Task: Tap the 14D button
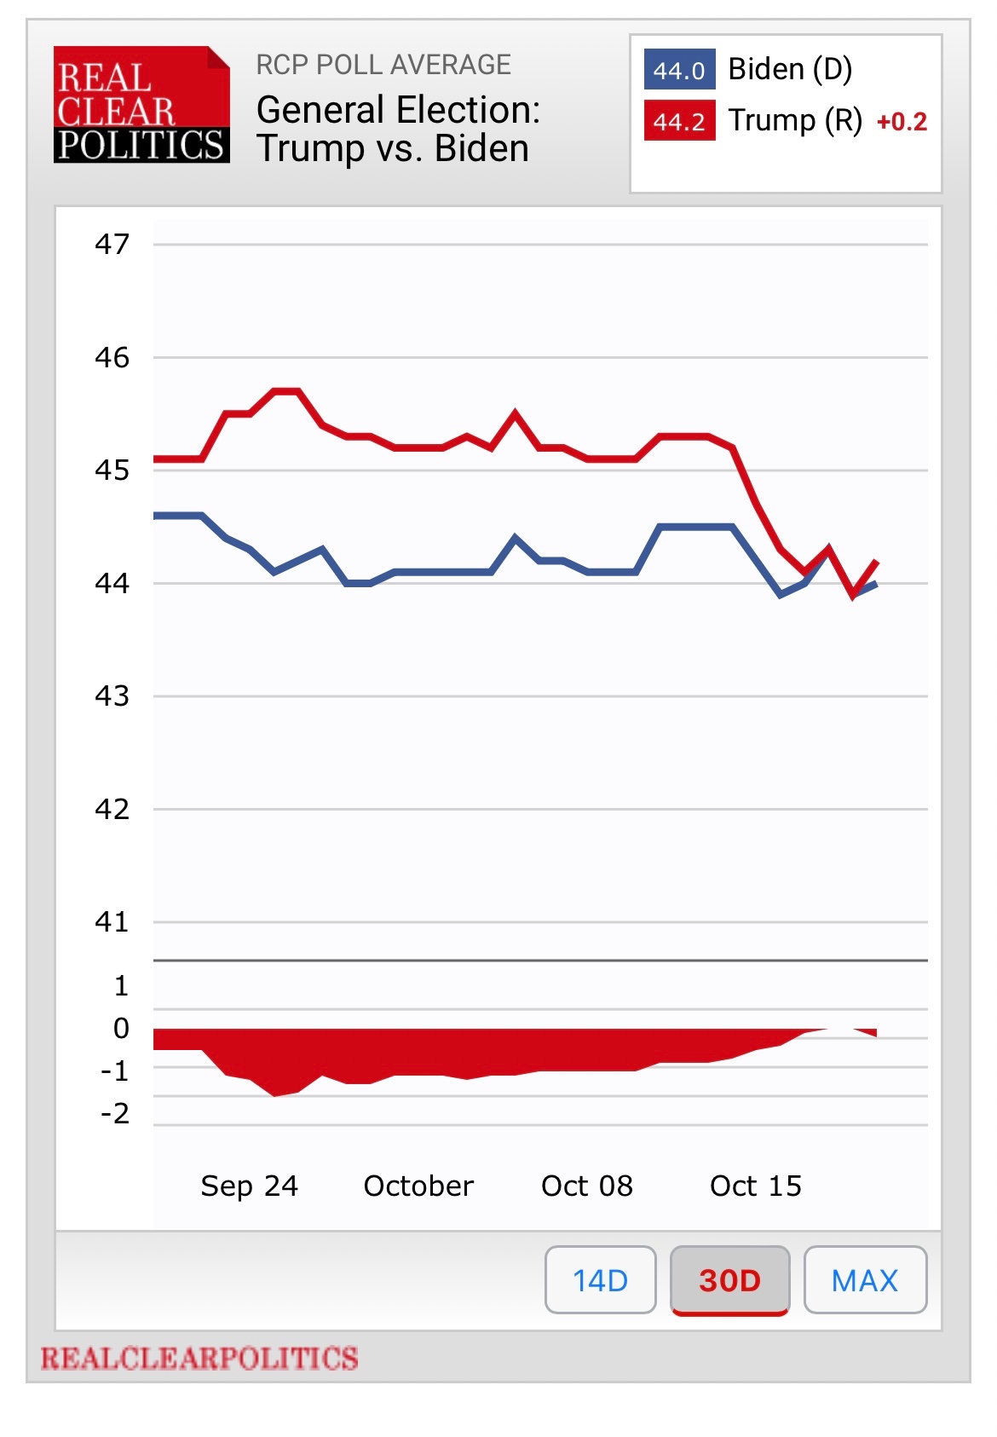600,1279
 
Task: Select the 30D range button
729,1279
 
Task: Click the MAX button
864,1279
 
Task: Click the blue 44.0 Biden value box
679,70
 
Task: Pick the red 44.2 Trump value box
679,121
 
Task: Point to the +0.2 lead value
902,122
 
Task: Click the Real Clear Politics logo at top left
141,105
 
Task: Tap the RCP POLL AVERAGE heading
383,65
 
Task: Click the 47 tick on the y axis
112,245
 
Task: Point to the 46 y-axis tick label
112,357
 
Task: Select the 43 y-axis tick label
112,696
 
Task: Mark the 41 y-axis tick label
112,921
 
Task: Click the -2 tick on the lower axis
115,1113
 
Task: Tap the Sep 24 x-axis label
249,1186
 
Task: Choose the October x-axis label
418,1186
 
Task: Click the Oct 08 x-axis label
587,1186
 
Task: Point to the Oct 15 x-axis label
756,1186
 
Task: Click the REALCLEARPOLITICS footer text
199,1358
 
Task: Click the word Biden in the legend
766,69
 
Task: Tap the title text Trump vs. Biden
393,148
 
